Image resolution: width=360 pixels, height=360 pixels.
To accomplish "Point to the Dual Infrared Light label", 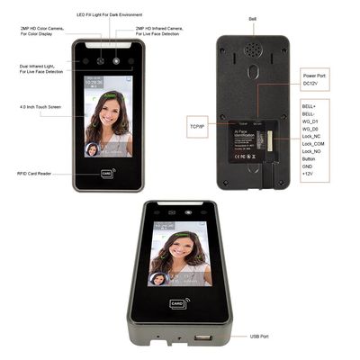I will click(39, 67).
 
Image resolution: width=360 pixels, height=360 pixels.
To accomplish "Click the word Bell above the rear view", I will click(251, 18).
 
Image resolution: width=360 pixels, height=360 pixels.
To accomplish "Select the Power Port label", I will click(315, 76).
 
